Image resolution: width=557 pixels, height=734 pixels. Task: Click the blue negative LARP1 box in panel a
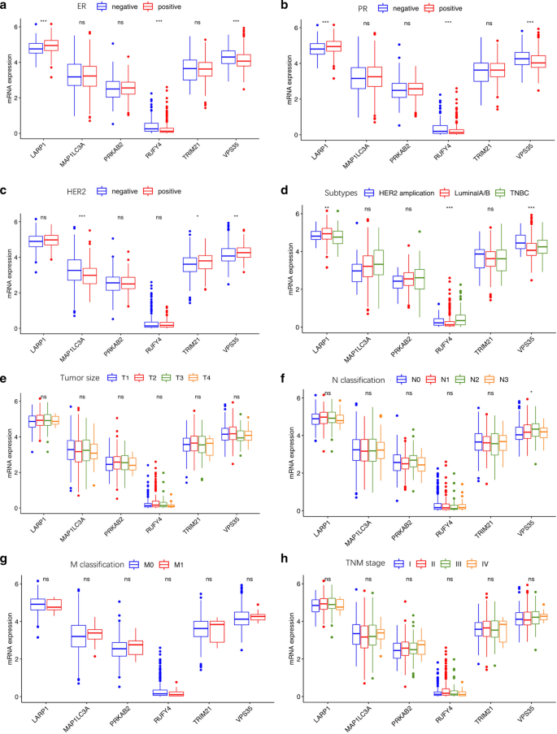pyautogui.click(x=36, y=49)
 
